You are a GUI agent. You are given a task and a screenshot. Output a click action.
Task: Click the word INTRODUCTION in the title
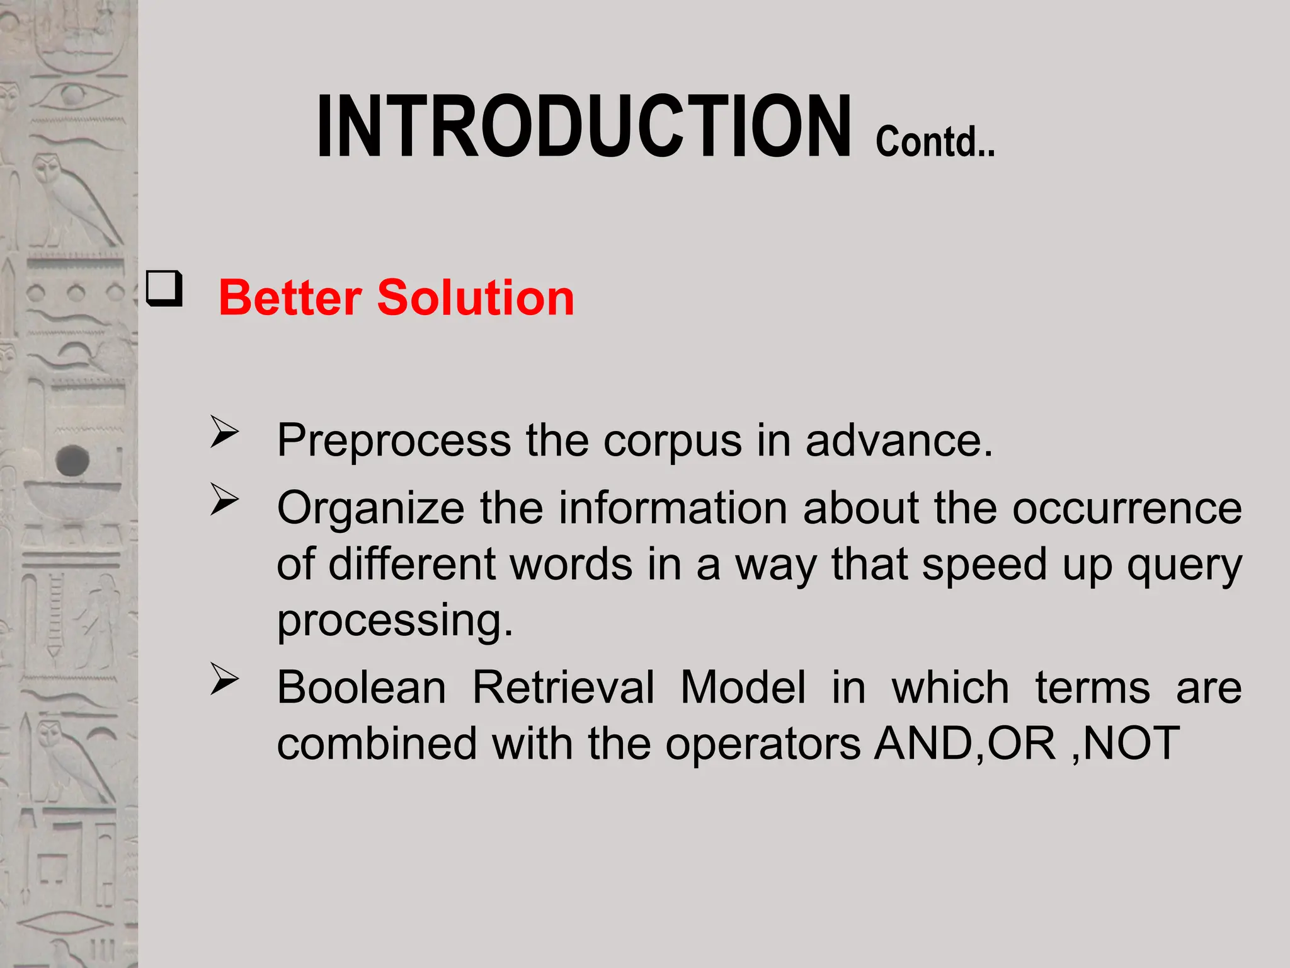[x=583, y=126]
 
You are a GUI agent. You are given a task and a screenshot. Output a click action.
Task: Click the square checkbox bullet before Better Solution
[x=164, y=289]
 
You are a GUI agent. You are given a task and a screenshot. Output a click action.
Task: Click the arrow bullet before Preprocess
[x=224, y=432]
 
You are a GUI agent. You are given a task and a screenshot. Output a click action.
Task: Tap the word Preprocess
[x=394, y=441]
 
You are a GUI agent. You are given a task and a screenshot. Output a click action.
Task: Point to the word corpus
[x=672, y=441]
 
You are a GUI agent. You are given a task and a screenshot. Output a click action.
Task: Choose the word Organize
[x=370, y=508]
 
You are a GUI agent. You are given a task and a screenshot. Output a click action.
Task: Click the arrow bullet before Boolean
[x=224, y=679]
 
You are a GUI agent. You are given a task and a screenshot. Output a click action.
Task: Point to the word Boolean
[x=362, y=687]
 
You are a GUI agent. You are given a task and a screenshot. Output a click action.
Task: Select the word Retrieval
[x=563, y=687]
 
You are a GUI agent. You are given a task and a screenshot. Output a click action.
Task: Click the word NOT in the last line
[x=1131, y=744]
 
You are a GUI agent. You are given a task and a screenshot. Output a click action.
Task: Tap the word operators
[x=763, y=744]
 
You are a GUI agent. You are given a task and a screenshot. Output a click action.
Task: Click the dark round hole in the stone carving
[x=72, y=460]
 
